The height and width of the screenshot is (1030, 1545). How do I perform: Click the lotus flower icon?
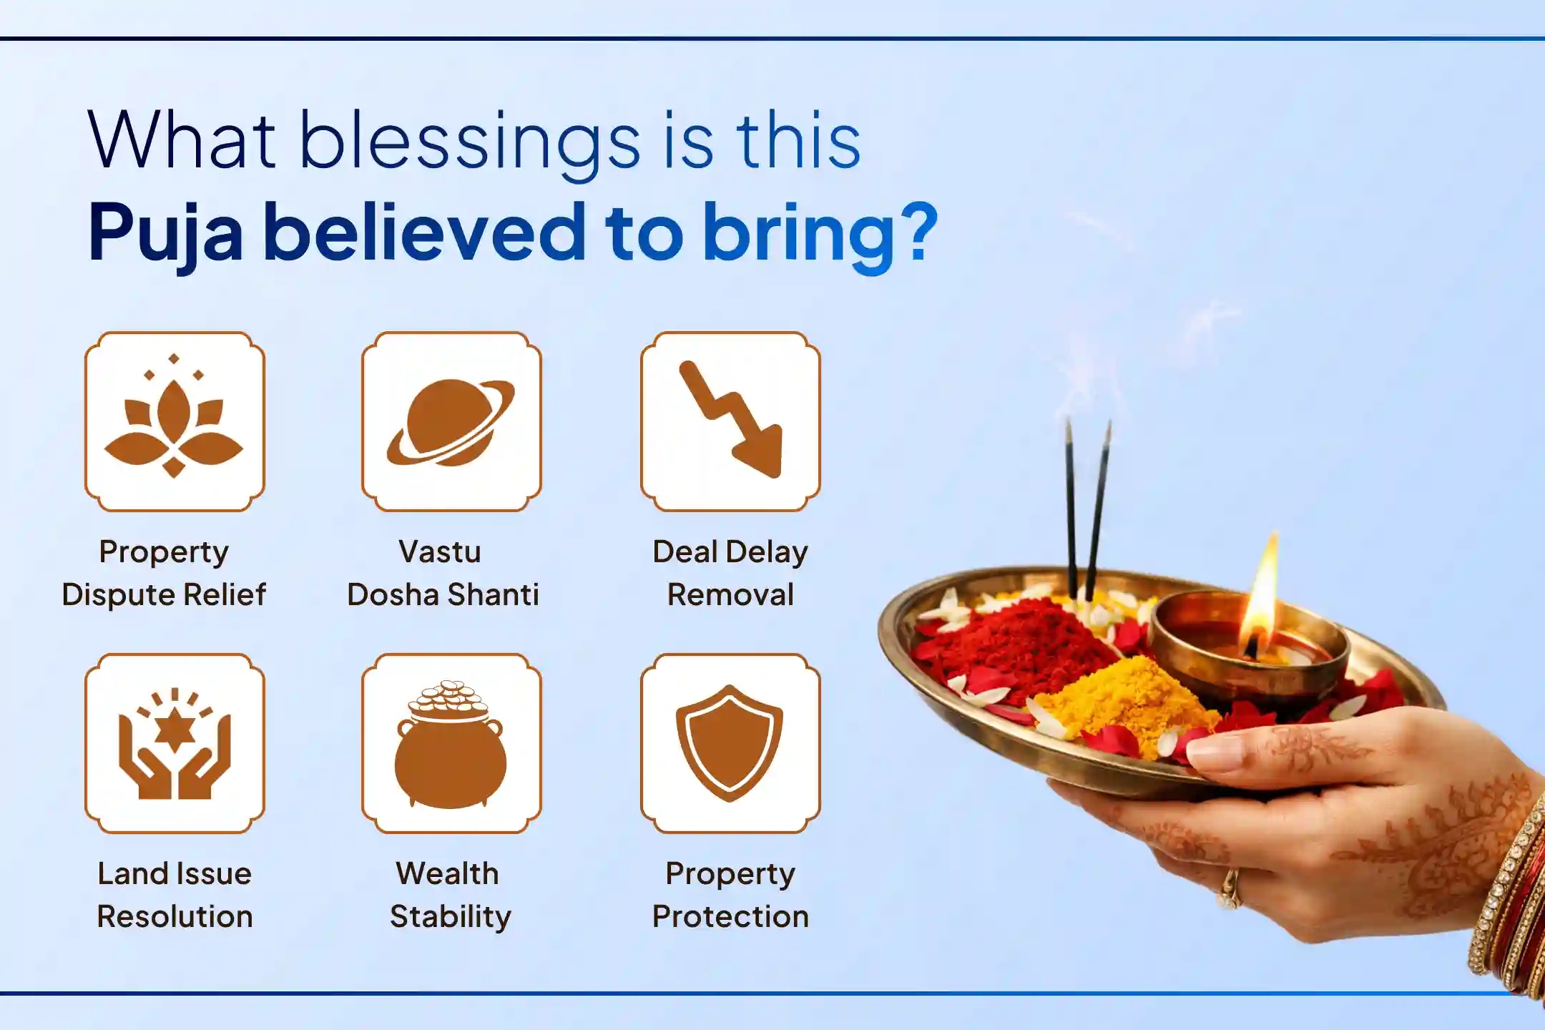175,421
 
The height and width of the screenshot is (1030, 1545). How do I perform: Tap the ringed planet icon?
451,421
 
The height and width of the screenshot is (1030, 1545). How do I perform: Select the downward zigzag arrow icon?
730,421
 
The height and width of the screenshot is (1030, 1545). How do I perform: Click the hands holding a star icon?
175,743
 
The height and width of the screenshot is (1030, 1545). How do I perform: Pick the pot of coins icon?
451,743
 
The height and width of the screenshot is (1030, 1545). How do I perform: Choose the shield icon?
730,743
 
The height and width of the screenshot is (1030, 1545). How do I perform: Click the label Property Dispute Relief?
164,573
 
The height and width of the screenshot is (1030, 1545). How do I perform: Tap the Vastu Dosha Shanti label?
443,573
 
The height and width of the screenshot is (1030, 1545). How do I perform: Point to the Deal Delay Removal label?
730,573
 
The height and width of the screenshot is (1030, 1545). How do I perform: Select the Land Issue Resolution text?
175,895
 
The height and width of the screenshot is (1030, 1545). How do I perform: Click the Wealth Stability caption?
450,895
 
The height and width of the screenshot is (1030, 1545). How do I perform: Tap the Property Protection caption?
730,895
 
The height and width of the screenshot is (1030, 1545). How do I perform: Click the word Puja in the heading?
166,233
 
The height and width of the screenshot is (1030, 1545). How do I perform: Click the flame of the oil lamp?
1262,594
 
